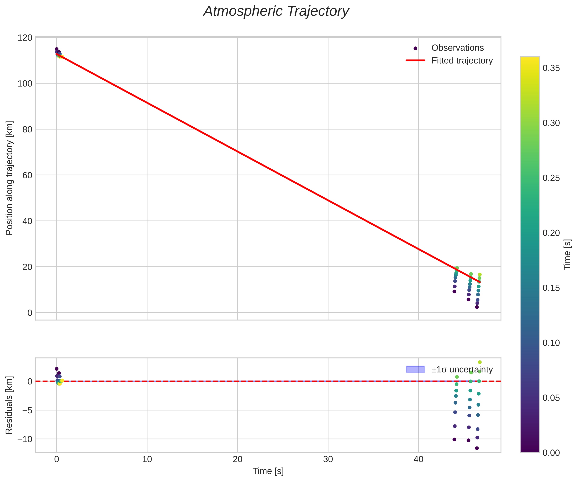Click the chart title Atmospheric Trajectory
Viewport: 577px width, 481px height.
click(276, 12)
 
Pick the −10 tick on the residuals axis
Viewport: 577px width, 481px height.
click(25, 439)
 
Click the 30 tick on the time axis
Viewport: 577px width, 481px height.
click(328, 460)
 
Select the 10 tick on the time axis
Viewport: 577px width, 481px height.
click(147, 460)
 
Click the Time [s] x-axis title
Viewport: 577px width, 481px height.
click(268, 471)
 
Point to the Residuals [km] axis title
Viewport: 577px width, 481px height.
click(9, 405)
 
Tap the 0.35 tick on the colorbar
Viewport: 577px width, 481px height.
click(551, 68)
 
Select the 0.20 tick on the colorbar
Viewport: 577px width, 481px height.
click(551, 233)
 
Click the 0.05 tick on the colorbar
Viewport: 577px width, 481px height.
click(551, 398)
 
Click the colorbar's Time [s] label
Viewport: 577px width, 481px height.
click(567, 254)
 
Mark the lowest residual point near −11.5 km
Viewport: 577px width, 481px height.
click(477, 448)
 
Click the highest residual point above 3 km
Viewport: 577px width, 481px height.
click(480, 362)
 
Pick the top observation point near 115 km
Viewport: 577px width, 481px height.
click(57, 49)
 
